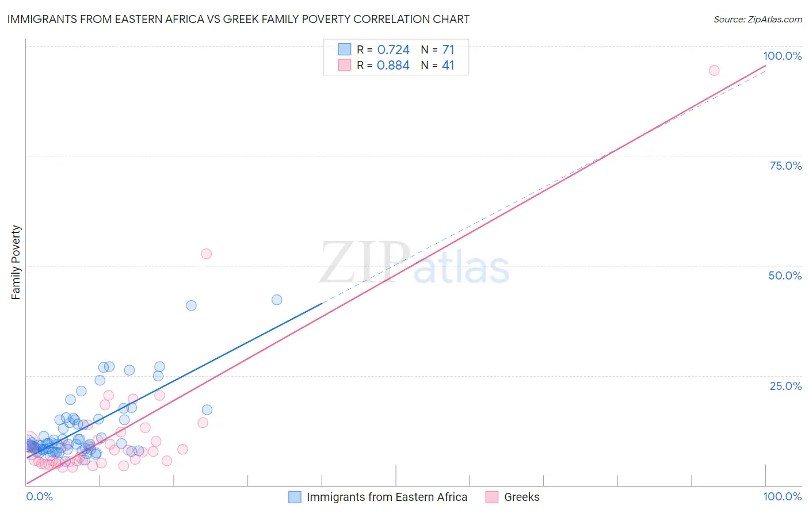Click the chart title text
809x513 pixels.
tap(238, 19)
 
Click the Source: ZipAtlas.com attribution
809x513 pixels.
tap(757, 19)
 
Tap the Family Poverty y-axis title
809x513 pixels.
tap(16, 262)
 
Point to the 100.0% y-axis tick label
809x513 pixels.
tap(782, 56)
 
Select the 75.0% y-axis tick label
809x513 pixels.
tap(785, 166)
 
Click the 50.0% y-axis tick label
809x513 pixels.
tap(785, 275)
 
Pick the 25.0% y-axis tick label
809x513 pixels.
tap(785, 386)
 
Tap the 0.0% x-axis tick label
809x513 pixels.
tap(39, 496)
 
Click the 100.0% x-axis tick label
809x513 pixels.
tap(782, 496)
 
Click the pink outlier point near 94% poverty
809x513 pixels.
tap(714, 70)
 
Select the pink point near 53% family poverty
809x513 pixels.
tap(206, 254)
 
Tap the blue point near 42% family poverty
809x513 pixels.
tap(277, 300)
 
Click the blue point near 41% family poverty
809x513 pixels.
tap(191, 305)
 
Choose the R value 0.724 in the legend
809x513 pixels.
tap(393, 50)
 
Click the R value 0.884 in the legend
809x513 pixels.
tap(393, 66)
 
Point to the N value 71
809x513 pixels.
tap(448, 50)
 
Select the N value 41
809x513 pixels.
tap(448, 66)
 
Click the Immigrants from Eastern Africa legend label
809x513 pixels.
tap(387, 497)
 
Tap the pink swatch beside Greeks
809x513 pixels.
tap(491, 497)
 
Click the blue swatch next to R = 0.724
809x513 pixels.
tap(344, 49)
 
